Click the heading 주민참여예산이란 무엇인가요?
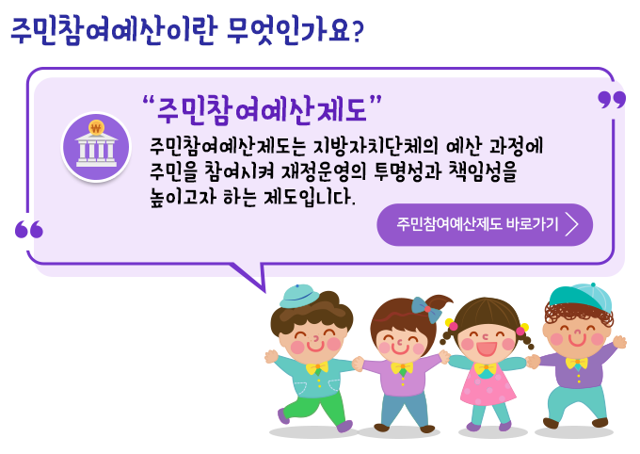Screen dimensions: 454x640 click(x=187, y=30)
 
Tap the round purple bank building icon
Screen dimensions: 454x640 click(x=95, y=147)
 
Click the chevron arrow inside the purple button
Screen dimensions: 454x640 click(x=572, y=224)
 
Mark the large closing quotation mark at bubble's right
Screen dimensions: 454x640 click(x=612, y=100)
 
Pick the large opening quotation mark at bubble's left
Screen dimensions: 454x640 click(x=28, y=229)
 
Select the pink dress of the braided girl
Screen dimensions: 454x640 click(x=487, y=385)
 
